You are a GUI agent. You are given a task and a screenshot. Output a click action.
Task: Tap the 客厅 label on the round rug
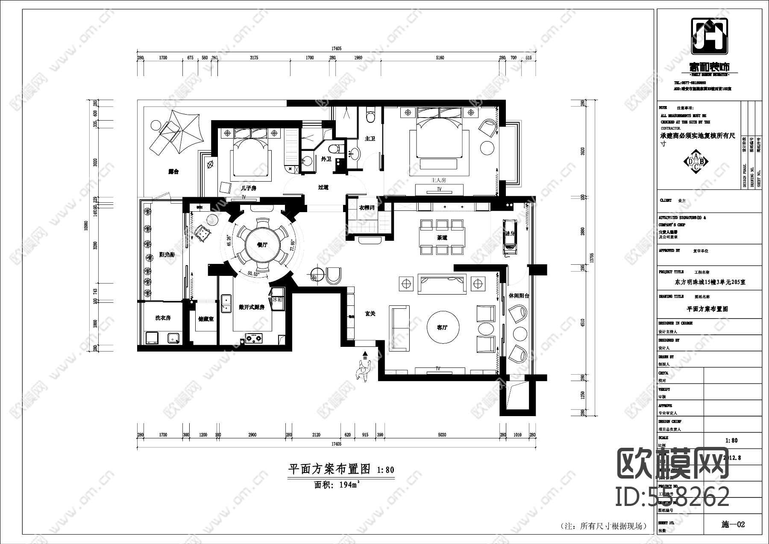click(x=442, y=328)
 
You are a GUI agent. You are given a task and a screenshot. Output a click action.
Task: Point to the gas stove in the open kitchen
click(x=254, y=339)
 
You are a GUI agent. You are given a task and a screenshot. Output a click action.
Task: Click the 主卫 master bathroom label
click(x=370, y=139)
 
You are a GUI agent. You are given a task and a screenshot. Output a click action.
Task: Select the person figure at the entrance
click(x=363, y=369)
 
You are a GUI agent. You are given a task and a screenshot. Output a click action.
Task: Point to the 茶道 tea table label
click(x=442, y=238)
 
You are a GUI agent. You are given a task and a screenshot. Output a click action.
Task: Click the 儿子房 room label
click(x=248, y=188)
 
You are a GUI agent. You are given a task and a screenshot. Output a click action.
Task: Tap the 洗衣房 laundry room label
click(x=163, y=318)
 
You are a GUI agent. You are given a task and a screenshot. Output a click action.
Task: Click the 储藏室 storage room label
click(x=206, y=319)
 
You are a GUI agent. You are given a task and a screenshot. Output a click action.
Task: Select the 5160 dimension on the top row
click(x=440, y=58)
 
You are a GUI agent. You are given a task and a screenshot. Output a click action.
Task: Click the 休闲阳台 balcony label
click(x=519, y=296)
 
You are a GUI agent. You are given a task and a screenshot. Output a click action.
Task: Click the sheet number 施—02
click(x=733, y=524)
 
